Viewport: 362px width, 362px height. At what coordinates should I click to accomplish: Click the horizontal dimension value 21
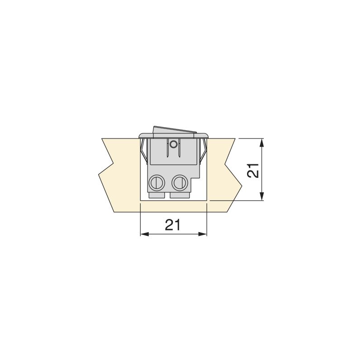coord(173,224)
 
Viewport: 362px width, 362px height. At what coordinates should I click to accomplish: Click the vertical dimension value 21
coord(254,170)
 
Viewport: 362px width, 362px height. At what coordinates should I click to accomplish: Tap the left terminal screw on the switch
coord(156,182)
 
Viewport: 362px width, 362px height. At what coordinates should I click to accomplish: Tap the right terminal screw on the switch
coord(179,182)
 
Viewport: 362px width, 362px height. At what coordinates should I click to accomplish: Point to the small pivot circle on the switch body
coord(173,144)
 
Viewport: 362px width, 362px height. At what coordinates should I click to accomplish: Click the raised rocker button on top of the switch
coord(174,130)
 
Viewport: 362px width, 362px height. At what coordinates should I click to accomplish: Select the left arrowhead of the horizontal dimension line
coord(144,234)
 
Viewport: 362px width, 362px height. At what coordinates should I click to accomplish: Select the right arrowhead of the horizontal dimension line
coord(203,234)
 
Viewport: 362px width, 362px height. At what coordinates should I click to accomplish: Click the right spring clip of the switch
coord(204,151)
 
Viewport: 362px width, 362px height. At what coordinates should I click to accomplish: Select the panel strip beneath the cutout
coord(174,206)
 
